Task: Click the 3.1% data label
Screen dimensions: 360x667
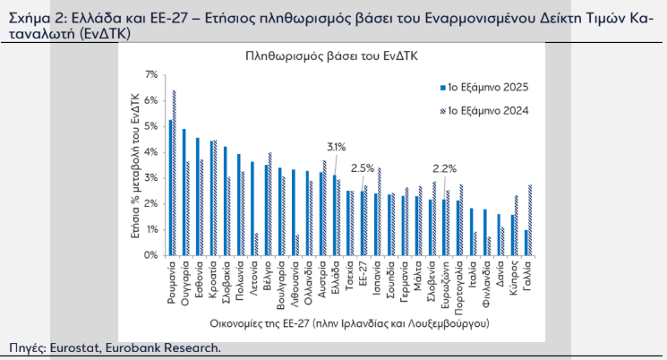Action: [x=336, y=146]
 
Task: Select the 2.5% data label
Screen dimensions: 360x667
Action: [x=363, y=167]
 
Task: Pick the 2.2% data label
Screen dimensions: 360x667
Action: [x=444, y=167]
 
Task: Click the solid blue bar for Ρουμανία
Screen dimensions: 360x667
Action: [x=170, y=188]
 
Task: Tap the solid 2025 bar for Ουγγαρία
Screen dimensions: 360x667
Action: [x=184, y=193]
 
